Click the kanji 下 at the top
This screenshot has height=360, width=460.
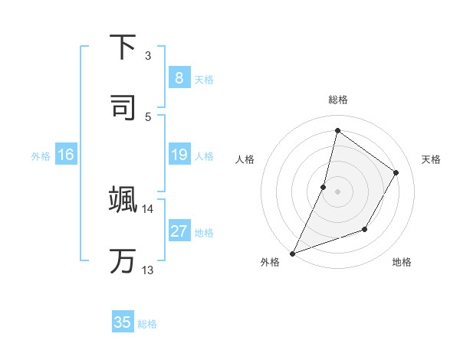123,48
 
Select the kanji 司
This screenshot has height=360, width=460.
123,106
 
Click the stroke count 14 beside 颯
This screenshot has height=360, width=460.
147,208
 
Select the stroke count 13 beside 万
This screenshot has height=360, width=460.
147,270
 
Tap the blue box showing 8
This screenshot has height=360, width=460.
179,77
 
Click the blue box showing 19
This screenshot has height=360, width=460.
179,155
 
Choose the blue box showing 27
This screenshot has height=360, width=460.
179,231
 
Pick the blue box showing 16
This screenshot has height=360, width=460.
66,155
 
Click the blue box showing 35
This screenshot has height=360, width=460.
123,322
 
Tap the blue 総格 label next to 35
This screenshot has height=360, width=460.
147,324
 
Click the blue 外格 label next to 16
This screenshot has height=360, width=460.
41,156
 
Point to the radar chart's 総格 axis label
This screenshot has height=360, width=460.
337,100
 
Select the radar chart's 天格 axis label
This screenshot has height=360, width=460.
431,159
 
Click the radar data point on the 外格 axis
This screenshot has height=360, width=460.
292,254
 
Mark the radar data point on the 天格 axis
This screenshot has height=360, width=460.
396,172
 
